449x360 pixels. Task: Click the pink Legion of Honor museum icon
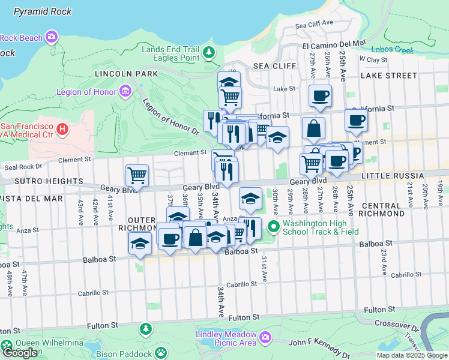coord(125,91)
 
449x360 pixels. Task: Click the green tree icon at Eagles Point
coord(209,53)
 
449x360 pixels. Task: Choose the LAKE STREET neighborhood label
coord(388,76)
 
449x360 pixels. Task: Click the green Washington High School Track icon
coord(274,226)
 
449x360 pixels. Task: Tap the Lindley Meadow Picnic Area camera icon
coord(265,340)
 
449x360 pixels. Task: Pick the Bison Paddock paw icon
coord(161,352)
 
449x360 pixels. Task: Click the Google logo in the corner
coord(20,352)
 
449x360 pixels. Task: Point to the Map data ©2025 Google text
coord(411,355)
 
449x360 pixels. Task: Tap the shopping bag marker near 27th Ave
coord(313,128)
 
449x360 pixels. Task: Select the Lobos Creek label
coord(392,50)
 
